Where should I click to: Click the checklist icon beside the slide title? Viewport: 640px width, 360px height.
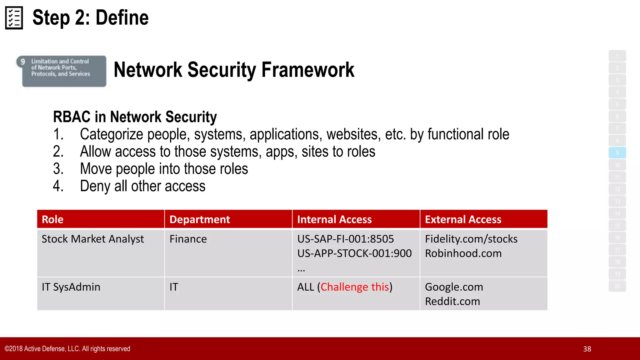click(x=14, y=18)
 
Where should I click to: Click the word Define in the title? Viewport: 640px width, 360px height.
click(x=122, y=18)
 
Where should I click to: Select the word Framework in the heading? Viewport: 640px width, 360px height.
click(x=308, y=70)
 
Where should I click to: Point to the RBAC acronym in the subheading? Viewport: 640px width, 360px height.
click(x=72, y=117)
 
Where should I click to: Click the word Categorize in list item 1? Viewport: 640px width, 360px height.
click(x=112, y=134)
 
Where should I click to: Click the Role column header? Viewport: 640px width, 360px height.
click(x=52, y=219)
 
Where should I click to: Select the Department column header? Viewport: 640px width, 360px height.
click(x=200, y=219)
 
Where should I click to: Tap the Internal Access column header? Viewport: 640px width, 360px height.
click(x=334, y=219)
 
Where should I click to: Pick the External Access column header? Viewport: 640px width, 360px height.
click(x=463, y=219)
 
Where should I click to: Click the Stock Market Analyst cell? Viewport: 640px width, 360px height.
click(x=93, y=239)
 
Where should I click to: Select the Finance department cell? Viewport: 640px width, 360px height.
click(x=188, y=239)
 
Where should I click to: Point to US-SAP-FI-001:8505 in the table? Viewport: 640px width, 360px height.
click(x=346, y=239)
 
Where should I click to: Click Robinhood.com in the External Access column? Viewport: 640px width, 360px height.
click(x=463, y=253)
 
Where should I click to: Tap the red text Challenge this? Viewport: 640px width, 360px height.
click(x=355, y=287)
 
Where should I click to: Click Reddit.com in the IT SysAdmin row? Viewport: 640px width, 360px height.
click(x=452, y=302)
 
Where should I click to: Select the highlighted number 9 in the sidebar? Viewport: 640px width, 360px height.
click(x=617, y=153)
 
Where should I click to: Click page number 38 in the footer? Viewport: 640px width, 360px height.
click(x=587, y=349)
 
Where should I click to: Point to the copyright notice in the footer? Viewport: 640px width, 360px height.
click(x=67, y=349)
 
